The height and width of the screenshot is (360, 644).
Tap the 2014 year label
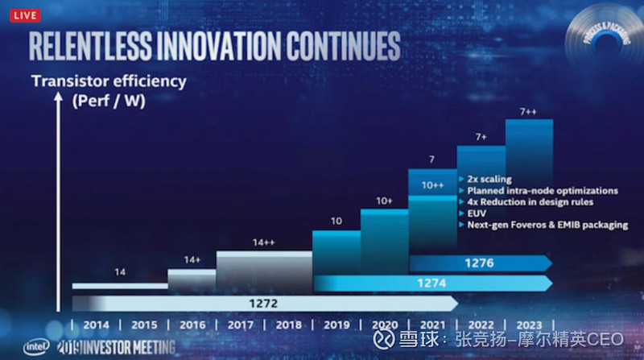pyautogui.click(x=96, y=325)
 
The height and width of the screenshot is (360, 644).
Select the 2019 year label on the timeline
pyautogui.click(x=336, y=325)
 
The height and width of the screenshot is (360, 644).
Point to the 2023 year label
pyautogui.click(x=529, y=325)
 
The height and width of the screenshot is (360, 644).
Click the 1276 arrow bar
pyautogui.click(x=479, y=263)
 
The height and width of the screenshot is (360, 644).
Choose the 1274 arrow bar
pyautogui.click(x=431, y=283)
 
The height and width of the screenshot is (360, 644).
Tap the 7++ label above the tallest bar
pyautogui.click(x=528, y=110)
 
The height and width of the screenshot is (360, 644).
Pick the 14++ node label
pyautogui.click(x=264, y=242)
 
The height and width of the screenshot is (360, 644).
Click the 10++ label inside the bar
pyautogui.click(x=432, y=185)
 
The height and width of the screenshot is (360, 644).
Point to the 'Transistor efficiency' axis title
pyautogui.click(x=109, y=81)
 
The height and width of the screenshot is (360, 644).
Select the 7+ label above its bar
pyautogui.click(x=481, y=137)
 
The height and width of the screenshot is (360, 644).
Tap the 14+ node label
pyautogui.click(x=192, y=260)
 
